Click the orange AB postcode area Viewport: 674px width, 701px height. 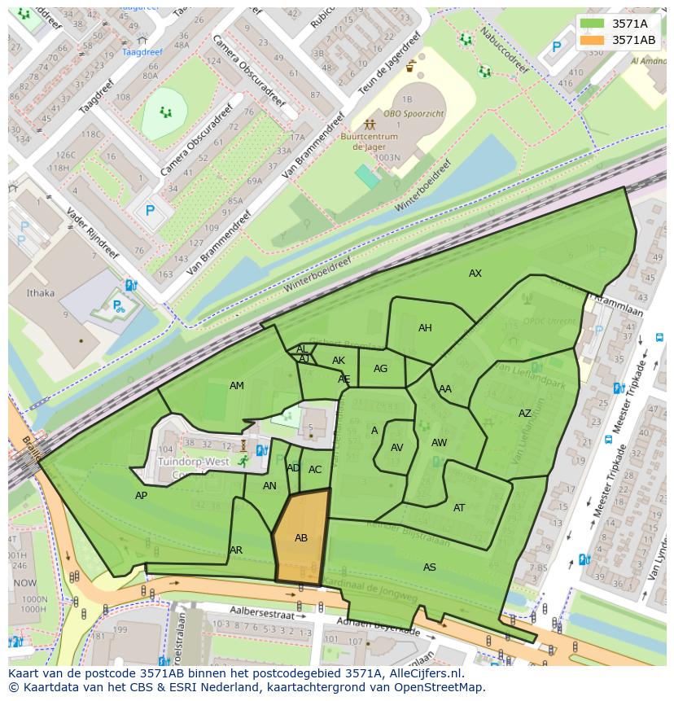(301, 537)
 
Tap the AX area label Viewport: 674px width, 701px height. (475, 274)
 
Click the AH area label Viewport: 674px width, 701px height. (425, 328)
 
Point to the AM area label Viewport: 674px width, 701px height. (237, 386)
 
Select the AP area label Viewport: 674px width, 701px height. (142, 496)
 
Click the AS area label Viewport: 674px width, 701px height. (430, 567)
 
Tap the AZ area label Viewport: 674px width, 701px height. (525, 414)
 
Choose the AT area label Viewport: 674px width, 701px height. (459, 508)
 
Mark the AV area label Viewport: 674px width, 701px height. (397, 448)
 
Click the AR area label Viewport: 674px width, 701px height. (236, 550)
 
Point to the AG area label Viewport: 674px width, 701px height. (380, 369)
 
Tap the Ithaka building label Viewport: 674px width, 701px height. (40, 293)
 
